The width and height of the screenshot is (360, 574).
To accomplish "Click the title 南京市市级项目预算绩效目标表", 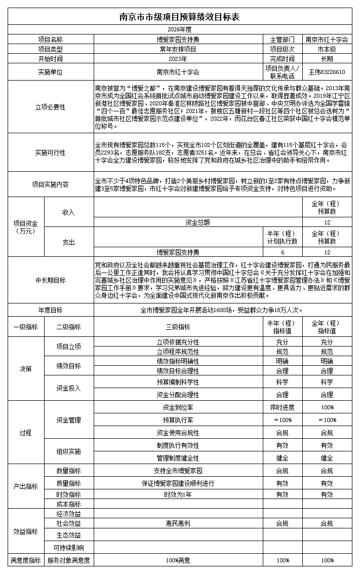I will click(x=180, y=17).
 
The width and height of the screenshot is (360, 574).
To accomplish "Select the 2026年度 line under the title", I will click(x=180, y=30).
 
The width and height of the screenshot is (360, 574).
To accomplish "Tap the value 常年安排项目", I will click(x=178, y=49).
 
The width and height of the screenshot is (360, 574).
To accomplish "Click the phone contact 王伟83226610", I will click(x=327, y=72).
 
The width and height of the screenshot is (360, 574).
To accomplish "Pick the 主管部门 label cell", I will click(x=283, y=40).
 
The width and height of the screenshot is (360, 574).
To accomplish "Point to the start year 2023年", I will click(x=178, y=59).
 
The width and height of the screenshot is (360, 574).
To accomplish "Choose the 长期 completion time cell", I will click(x=327, y=59).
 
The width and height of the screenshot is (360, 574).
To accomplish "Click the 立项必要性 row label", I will click(x=50, y=107).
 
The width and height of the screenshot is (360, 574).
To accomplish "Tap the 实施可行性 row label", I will click(x=50, y=152).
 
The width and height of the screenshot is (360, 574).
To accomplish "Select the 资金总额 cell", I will click(x=197, y=222).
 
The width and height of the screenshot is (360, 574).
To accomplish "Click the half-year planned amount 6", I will click(x=283, y=252).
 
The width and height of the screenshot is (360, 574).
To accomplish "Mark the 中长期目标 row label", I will click(x=50, y=280).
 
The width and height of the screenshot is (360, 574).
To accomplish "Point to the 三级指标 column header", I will click(x=178, y=327).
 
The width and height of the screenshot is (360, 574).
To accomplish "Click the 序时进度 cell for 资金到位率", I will click(x=283, y=407).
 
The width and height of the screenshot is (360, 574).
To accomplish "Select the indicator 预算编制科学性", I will click(x=178, y=382).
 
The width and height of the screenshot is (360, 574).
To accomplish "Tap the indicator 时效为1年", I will click(x=178, y=494).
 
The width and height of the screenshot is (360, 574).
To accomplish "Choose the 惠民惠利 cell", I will click(x=178, y=523).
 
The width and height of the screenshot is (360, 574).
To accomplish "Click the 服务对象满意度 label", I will click(x=68, y=560).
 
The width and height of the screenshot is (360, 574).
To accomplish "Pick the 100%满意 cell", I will click(x=178, y=560).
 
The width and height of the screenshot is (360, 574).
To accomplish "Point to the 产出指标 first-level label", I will click(x=25, y=486).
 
